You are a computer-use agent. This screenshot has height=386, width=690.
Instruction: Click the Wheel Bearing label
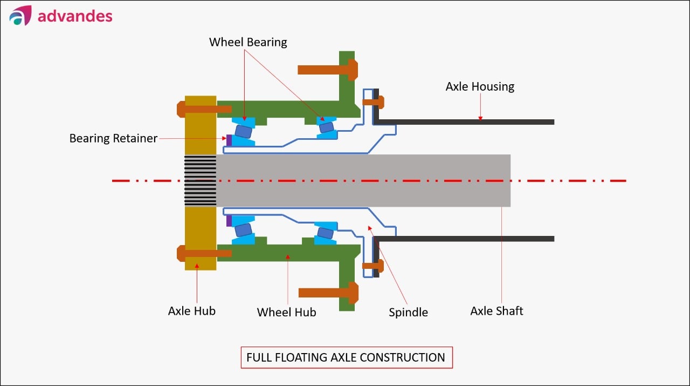pos(248,42)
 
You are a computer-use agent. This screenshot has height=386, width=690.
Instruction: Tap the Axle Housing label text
pos(480,87)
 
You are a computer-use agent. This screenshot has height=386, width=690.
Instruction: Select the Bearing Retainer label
pos(113,139)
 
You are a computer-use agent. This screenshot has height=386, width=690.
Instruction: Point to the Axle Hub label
pos(191,311)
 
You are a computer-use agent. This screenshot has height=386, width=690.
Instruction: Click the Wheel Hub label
pos(286,312)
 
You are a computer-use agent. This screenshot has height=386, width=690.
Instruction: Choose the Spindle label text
pos(408,313)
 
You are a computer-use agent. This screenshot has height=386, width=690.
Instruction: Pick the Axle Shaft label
pos(496,311)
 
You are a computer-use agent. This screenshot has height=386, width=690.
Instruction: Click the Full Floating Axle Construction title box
pos(347,357)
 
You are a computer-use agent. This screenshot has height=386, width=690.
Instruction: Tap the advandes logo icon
pos(20,16)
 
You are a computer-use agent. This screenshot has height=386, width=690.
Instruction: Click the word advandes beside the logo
pos(75,16)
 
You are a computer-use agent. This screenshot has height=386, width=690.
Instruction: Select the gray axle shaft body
pos(363,180)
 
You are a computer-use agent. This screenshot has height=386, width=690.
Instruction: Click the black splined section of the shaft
pos(200,180)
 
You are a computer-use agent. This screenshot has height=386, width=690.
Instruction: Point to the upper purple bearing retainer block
pos(229,140)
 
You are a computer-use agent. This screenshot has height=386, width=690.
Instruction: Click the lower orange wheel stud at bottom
pos(328,293)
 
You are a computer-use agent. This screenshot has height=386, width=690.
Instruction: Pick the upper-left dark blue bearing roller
pos(243,131)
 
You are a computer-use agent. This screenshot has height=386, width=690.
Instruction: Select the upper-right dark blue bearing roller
pos(327,127)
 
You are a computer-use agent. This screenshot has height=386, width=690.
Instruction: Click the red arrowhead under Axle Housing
pos(480,118)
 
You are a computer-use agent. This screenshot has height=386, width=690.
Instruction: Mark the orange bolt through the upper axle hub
pos(204,109)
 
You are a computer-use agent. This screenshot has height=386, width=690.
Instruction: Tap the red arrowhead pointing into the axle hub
pos(197,266)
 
